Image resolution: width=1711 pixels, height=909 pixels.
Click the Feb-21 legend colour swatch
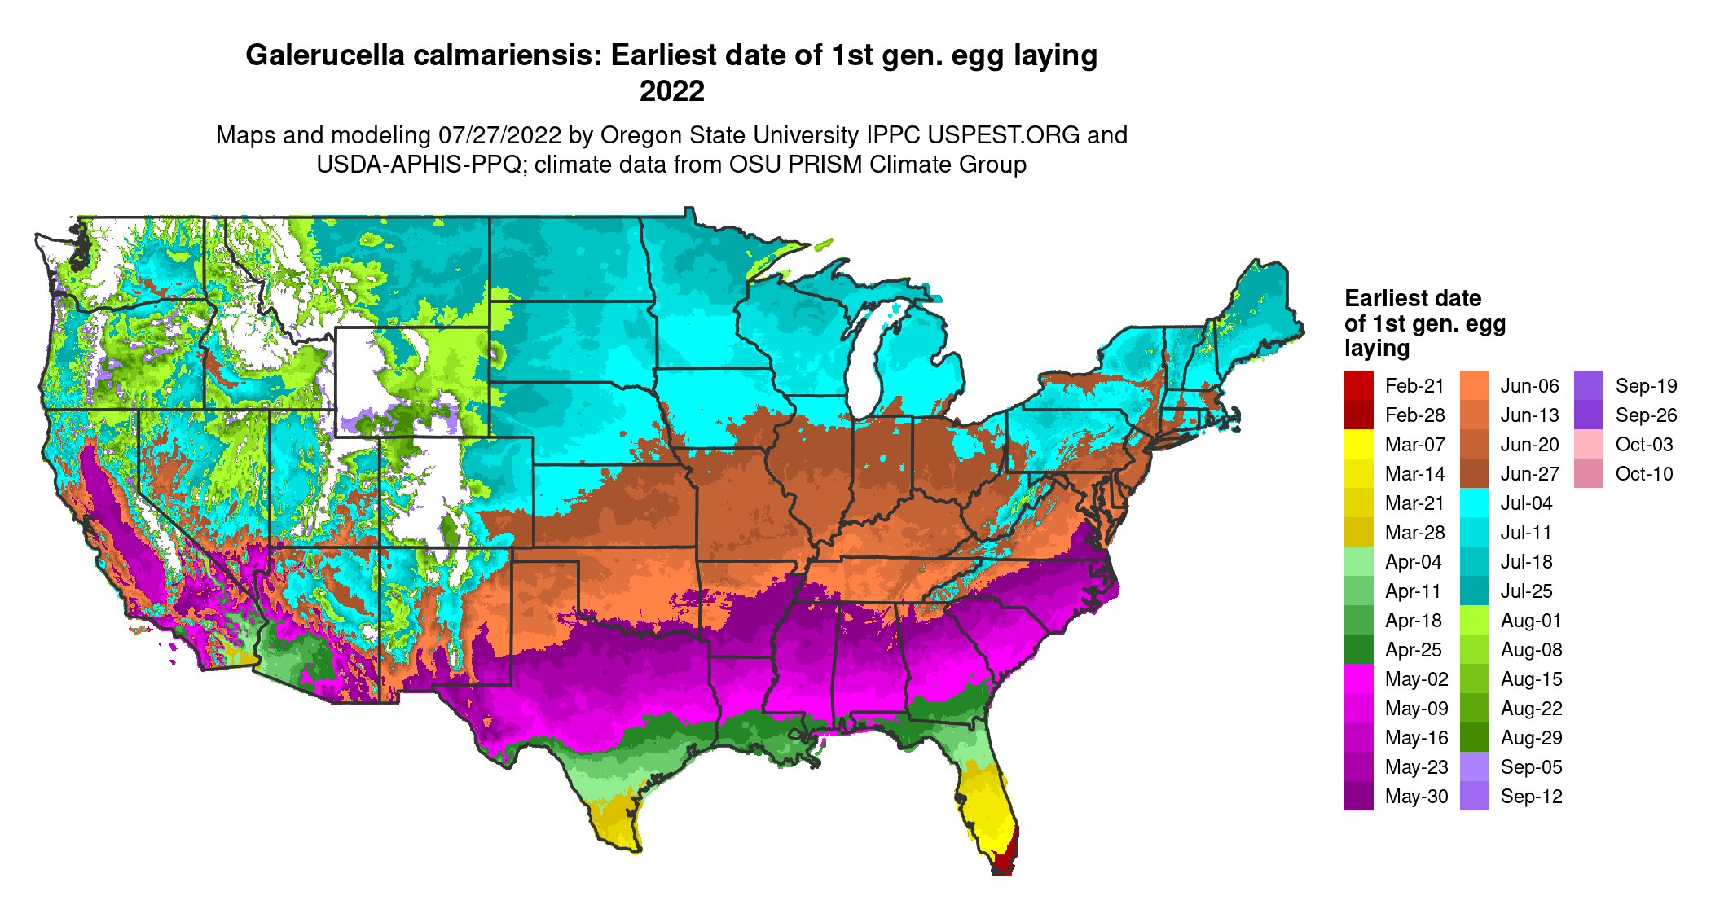[1359, 385]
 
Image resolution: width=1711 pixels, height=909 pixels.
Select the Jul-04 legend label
[1526, 503]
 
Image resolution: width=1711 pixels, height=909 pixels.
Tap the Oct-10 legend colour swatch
[1589, 474]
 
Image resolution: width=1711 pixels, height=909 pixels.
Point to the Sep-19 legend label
[1646, 386]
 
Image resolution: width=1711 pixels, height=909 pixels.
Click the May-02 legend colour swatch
[1359, 679]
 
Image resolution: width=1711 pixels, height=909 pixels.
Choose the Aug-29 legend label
[1531, 738]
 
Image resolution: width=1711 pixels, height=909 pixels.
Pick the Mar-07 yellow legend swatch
[1359, 445]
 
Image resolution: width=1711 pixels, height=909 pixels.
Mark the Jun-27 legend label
[1529, 474]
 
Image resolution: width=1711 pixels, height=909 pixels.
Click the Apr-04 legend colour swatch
[1359, 562]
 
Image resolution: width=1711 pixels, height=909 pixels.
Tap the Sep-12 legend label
[1531, 797]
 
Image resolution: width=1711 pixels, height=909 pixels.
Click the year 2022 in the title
[671, 91]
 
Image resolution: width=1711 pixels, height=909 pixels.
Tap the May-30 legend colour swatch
[1359, 797]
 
